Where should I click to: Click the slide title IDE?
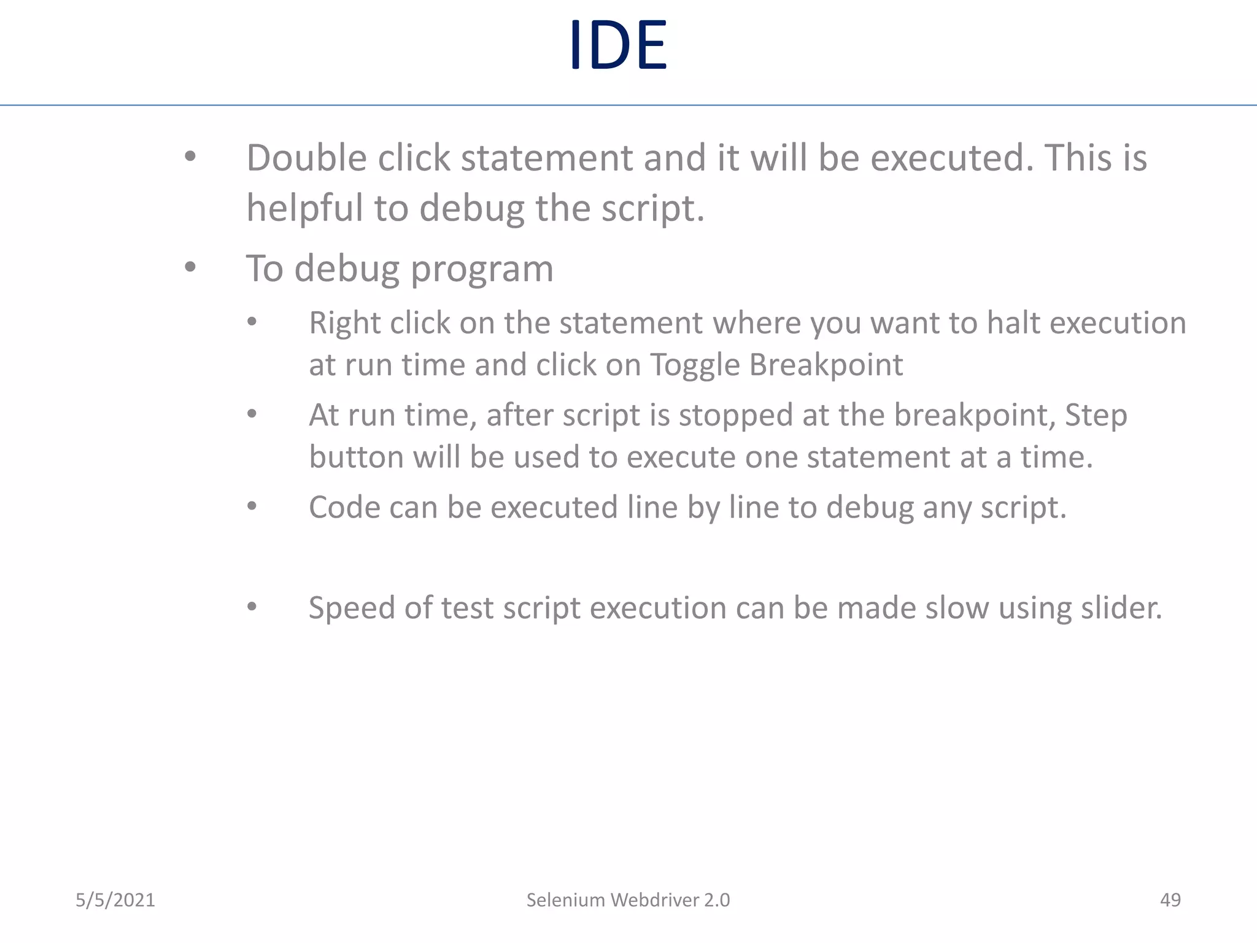(617, 45)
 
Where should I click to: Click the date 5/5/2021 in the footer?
(115, 900)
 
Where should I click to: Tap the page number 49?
(1170, 900)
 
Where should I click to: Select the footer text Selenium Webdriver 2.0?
(628, 900)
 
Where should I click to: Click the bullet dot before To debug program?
(190, 267)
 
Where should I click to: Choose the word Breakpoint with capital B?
(826, 365)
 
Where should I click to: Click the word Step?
(1096, 416)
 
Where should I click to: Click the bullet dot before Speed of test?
(252, 607)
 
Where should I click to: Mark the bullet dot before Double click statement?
(190, 157)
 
